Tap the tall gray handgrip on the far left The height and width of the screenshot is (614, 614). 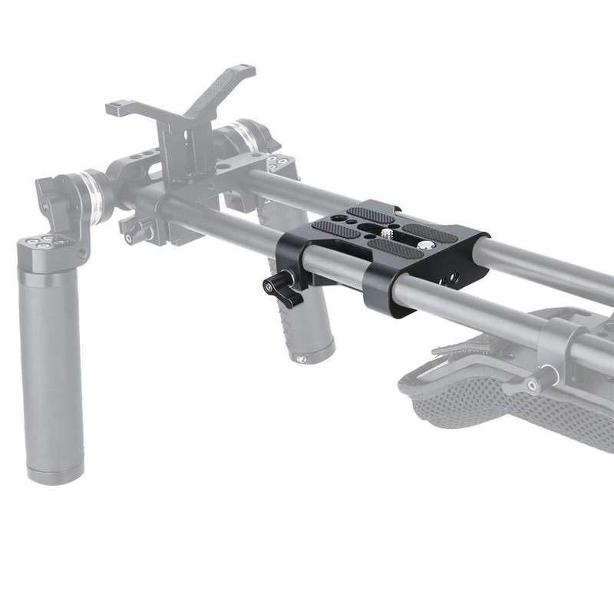coord(52,368)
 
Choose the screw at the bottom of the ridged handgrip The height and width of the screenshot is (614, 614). coord(302,358)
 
